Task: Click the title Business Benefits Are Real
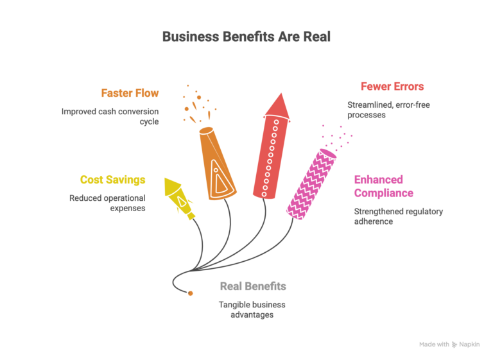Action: coord(246,37)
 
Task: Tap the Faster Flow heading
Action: coord(130,93)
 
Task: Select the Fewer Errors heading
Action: coord(392,86)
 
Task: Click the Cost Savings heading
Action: coord(112,180)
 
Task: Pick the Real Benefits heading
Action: coord(253,286)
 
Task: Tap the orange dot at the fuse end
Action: coord(190,293)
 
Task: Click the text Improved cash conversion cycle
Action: coord(110,116)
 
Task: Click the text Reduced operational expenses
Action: coord(108,203)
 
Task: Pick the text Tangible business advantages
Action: coord(252,309)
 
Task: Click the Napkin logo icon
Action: coord(454,345)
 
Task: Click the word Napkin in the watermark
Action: coord(469,345)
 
